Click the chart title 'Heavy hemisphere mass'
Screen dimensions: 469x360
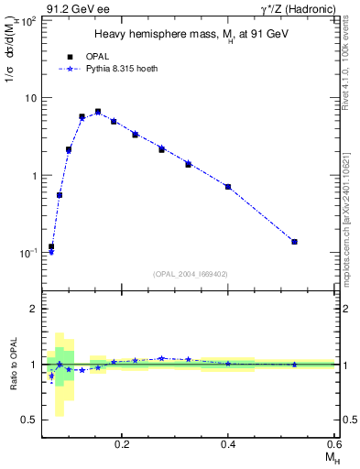coord(190,34)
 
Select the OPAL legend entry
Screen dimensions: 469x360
coord(90,55)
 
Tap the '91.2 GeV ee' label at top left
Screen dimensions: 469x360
coord(77,9)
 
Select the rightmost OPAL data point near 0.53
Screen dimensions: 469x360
coord(294,242)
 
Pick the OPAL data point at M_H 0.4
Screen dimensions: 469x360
coord(228,187)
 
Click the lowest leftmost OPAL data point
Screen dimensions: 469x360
coord(51,246)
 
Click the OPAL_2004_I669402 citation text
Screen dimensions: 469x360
coord(191,274)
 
